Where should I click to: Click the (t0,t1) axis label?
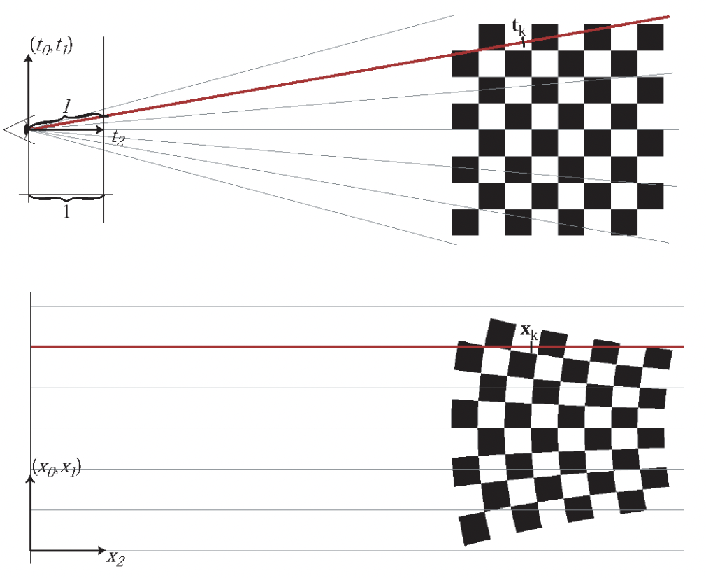(x=52, y=46)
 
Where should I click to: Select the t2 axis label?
(x=117, y=138)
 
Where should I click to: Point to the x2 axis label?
(x=115, y=557)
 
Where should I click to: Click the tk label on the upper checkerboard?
(x=519, y=29)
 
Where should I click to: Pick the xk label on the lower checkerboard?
(x=529, y=331)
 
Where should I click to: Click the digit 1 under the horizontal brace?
(x=66, y=213)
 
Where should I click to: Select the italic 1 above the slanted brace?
(x=66, y=106)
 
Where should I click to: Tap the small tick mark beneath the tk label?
(x=524, y=41)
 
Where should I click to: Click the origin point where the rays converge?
(x=27, y=129)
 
